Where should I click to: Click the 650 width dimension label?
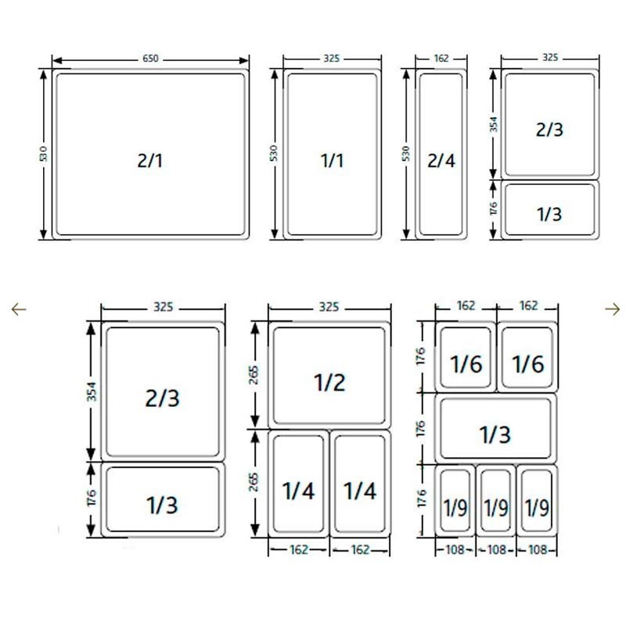(x=150, y=59)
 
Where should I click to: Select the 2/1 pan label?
(x=150, y=161)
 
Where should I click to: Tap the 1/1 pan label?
(x=332, y=161)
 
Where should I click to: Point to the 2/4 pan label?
(x=441, y=161)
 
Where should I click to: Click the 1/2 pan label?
(x=329, y=383)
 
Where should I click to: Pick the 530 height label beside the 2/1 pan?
(x=44, y=153)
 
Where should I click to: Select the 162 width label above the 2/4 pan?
(x=441, y=58)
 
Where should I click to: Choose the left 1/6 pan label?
(x=466, y=364)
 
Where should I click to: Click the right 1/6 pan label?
(x=528, y=364)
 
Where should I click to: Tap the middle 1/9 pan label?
(x=496, y=508)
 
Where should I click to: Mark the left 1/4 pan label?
(x=298, y=491)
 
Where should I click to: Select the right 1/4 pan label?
(x=360, y=491)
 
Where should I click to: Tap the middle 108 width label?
(x=496, y=550)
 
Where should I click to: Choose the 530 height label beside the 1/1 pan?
(x=273, y=153)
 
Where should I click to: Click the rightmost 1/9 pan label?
(x=537, y=508)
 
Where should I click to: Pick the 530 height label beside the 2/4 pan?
(x=406, y=153)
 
